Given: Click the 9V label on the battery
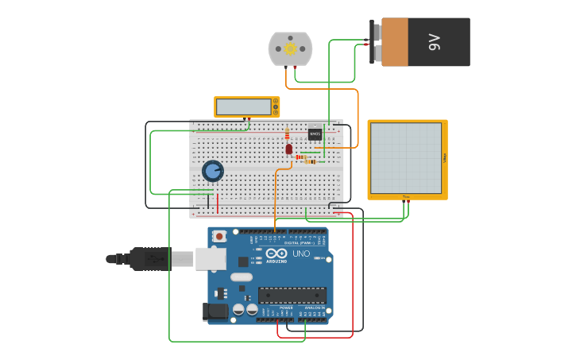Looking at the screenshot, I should click(434, 42).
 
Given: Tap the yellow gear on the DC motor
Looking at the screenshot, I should click(290, 49).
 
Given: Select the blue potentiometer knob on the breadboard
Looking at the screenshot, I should click(212, 171).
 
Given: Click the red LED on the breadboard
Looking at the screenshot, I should click(288, 149).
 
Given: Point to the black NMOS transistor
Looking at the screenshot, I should click(315, 134).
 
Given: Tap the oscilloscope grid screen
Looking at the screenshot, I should click(405, 158).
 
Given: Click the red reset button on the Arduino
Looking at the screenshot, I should click(219, 236).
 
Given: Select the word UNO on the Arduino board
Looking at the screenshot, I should click(301, 254).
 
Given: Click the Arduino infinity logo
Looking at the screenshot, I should click(276, 254).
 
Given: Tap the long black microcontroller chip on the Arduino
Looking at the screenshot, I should click(292, 296).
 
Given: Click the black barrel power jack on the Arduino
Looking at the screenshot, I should click(213, 312).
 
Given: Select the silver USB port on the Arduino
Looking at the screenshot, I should click(210, 258).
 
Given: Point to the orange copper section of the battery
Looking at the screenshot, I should click(394, 42).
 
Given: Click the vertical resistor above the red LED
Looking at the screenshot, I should click(287, 134).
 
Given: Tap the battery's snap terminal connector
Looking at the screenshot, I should click(375, 42).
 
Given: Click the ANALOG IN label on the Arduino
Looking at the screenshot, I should click(315, 308).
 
